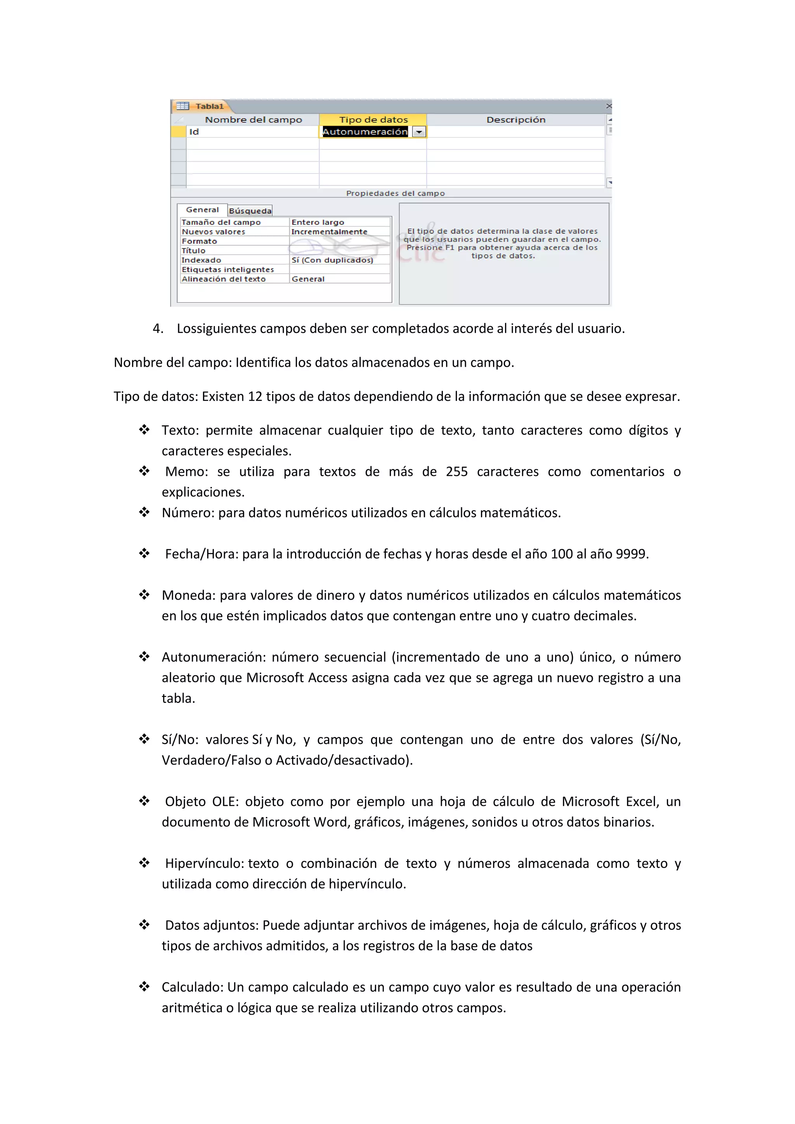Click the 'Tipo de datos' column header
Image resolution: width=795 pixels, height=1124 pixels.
373,120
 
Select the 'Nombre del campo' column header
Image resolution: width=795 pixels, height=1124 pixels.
253,120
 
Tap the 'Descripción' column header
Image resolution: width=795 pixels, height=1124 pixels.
516,120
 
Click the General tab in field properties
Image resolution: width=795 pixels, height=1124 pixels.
202,210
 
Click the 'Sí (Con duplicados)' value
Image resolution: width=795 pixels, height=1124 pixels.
332,260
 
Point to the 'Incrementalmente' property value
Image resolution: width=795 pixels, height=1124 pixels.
329,232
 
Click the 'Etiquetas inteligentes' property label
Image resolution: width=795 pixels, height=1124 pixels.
227,270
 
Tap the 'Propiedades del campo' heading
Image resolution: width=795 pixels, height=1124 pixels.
395,193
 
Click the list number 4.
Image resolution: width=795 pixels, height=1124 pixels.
157,328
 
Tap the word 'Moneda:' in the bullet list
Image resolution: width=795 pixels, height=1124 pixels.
189,595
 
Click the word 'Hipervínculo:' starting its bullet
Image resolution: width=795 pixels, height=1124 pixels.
205,863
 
